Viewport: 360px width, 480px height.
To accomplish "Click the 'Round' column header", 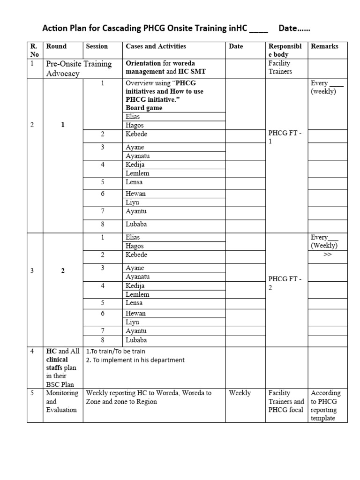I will point(56,46).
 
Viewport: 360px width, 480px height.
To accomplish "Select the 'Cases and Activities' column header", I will point(156,46).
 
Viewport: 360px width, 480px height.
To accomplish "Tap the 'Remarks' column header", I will point(324,46).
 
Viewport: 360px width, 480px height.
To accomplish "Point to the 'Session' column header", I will point(97,46).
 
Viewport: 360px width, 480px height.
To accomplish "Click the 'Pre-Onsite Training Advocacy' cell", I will point(78,68).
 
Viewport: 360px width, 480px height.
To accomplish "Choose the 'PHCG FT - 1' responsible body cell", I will point(285,137).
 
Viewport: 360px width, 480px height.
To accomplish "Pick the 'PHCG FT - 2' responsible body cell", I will point(285,283).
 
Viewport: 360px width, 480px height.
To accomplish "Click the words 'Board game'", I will point(144,108).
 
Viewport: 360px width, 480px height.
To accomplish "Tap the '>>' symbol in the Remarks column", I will point(327,255).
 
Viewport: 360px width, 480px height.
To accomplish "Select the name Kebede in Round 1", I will point(136,135).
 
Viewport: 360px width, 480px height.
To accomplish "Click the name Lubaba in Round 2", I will point(136,340).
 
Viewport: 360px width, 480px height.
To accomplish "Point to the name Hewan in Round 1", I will point(136,194).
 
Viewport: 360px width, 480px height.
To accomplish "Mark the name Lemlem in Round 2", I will point(137,294).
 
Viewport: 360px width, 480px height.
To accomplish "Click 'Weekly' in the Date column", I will point(240,393).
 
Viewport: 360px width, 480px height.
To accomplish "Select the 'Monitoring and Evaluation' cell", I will point(62,401).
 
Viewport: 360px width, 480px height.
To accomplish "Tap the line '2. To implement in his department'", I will point(135,360).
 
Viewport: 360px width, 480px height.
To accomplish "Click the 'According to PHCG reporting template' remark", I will point(326,405).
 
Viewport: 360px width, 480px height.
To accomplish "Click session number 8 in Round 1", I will point(102,225).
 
